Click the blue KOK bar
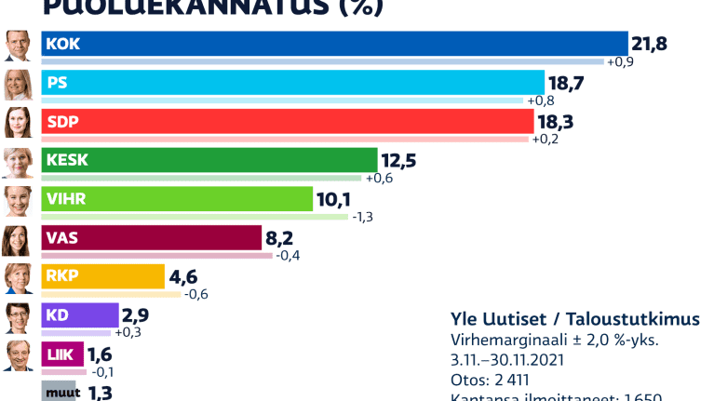[335, 43]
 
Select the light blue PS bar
[293, 82]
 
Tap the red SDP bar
[289, 121]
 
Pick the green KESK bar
[210, 160]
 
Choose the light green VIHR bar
[178, 199]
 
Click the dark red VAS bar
[153, 238]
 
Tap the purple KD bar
[81, 315]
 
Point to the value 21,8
[650, 44]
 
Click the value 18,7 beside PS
[566, 83]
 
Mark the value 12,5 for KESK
[397, 161]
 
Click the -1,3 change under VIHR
[363, 217]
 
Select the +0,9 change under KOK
[621, 61]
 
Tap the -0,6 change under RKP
[196, 295]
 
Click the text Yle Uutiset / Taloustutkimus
[574, 319]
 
